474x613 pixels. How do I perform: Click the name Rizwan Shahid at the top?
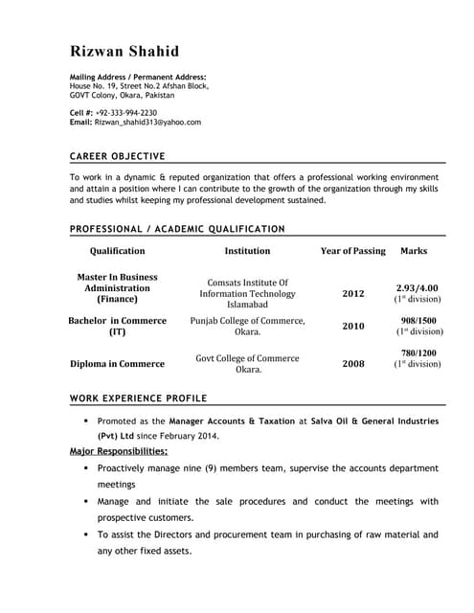pos(124,51)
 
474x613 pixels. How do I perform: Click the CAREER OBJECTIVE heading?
pos(118,156)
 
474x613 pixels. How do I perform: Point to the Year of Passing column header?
pos(352,251)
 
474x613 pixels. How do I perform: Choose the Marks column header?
pos(414,251)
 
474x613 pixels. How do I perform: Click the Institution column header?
pos(247,251)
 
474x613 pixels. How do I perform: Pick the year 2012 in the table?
pos(353,294)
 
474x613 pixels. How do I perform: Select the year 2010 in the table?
pos(353,326)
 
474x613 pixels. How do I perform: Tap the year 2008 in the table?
pos(353,364)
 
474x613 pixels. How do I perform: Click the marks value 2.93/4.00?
pos(418,288)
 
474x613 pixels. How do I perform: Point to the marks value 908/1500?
pos(418,320)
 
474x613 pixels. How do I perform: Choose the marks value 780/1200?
pos(418,353)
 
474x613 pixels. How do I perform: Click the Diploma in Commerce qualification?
pos(118,364)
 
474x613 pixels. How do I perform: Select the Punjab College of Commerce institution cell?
pos(247,326)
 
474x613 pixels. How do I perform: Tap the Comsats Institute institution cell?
pos(247,294)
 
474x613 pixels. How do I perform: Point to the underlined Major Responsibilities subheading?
pos(119,451)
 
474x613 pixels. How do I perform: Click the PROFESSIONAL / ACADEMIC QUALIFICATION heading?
pos(177,229)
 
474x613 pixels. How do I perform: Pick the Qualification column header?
pos(117,251)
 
